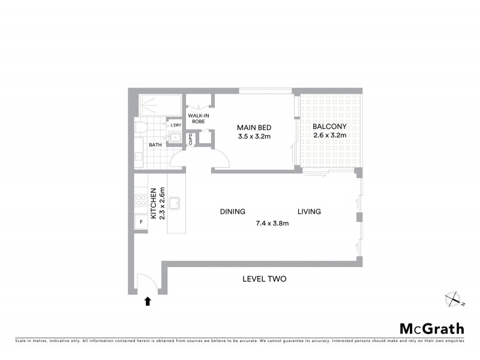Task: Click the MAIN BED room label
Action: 255,127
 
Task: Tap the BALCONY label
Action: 329,127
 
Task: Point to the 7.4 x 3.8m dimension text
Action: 272,223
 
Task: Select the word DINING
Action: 232,212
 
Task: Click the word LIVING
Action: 308,212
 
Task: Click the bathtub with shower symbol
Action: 160,106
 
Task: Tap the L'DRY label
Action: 176,125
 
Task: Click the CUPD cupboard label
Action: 191,140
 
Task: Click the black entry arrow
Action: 148,302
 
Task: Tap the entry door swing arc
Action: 144,282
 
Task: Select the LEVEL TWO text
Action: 264,279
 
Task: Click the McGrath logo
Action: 431,328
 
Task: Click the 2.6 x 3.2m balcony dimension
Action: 329,136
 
